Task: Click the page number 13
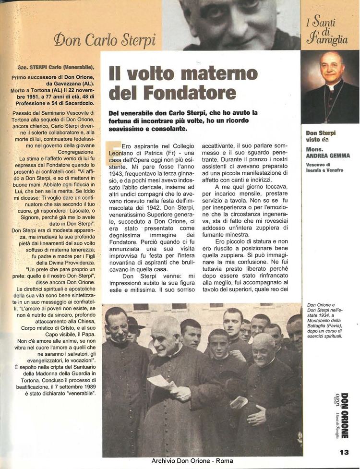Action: point(344,452)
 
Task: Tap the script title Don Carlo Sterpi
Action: point(105,40)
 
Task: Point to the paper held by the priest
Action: point(161,383)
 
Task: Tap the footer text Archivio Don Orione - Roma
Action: point(192,461)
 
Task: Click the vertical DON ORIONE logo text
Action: point(344,415)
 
